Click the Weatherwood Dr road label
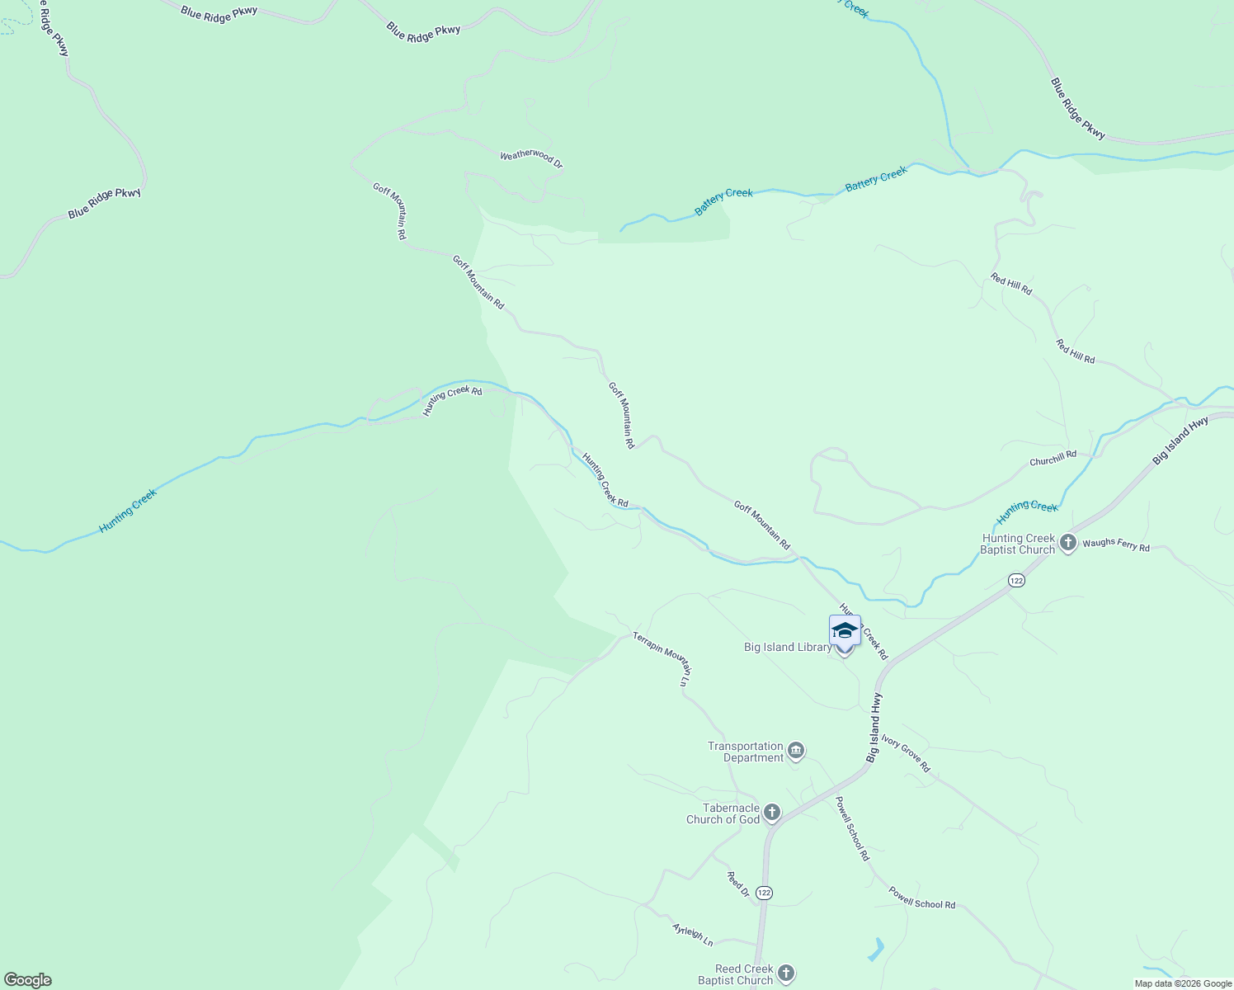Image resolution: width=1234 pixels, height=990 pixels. pos(531,158)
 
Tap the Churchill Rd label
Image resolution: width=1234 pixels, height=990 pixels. pos(1053,459)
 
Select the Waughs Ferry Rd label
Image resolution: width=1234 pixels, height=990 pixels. pos(1116,544)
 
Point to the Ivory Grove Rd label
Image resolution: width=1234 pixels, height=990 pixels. pos(905,753)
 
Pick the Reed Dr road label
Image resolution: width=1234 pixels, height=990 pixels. pos(737,884)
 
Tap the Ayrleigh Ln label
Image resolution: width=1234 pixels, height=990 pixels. pos(693,934)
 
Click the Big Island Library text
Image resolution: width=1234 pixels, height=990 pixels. pos(788,648)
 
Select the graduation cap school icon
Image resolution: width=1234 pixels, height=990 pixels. pos(845,630)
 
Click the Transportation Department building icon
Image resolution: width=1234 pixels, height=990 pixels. pos(796,751)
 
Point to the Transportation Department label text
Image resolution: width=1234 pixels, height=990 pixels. pos(745,752)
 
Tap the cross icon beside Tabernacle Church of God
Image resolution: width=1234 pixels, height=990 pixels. pos(772,813)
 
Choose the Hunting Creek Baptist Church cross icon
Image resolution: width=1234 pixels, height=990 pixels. pos(1068,543)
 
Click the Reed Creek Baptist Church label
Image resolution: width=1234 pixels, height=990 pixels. pos(735,974)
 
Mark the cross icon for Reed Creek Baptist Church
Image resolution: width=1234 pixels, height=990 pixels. pos(786,973)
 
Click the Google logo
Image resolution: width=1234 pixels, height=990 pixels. pos(28,980)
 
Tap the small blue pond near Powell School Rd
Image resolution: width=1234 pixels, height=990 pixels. pos(876,950)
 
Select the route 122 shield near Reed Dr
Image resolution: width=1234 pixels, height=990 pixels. pos(764,893)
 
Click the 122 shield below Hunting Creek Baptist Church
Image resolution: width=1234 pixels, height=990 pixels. pos(1015,581)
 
